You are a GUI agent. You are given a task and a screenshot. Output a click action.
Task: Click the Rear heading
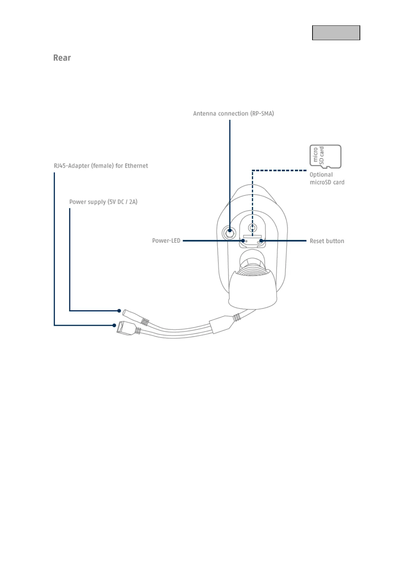[62, 58]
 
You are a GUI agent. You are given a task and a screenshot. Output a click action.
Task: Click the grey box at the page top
[336, 33]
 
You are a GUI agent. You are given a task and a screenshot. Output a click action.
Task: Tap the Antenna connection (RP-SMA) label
[233, 114]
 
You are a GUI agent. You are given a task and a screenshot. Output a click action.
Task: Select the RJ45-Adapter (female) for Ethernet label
[101, 166]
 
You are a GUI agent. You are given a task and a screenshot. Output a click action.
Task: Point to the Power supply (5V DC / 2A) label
[103, 202]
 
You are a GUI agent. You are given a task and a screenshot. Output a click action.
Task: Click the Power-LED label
[166, 241]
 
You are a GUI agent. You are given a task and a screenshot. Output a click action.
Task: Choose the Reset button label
[327, 241]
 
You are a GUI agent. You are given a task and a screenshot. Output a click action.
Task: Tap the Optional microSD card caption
[327, 178]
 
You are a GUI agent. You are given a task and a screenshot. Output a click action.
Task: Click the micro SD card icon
[325, 157]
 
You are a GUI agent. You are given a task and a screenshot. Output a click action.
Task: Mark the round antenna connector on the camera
[229, 233]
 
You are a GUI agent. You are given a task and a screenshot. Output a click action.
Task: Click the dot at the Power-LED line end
[243, 241]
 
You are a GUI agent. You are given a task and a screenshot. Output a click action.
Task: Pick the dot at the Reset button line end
[261, 241]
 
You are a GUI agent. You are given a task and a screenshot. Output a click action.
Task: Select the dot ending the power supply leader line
[119, 311]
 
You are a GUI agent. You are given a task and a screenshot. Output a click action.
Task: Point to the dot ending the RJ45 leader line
[114, 325]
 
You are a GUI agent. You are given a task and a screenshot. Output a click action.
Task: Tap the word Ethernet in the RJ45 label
[136, 166]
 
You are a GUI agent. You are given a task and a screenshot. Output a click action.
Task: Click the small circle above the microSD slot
[252, 228]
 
